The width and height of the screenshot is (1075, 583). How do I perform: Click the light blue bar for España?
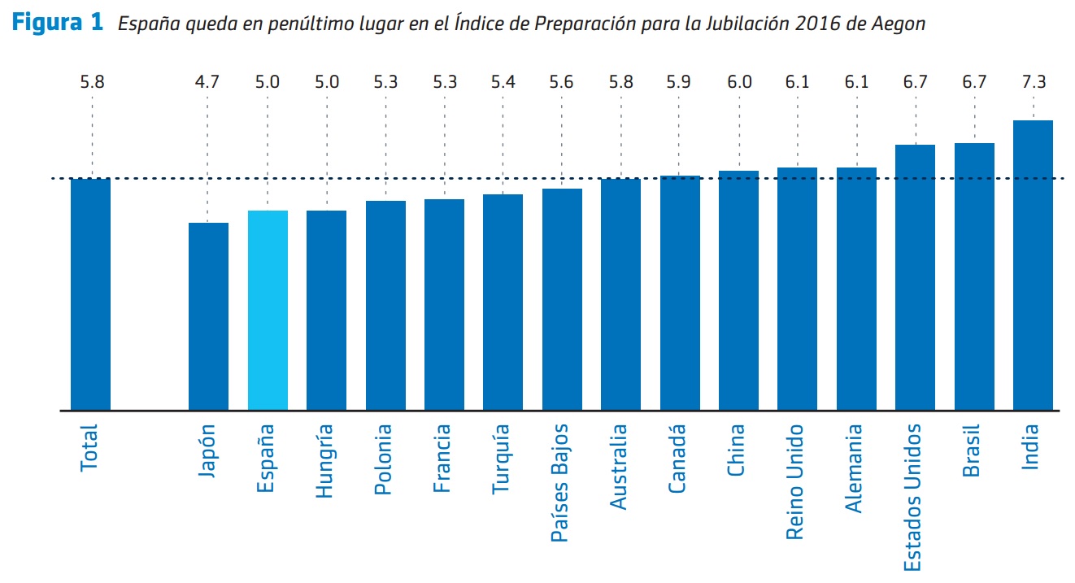point(268,310)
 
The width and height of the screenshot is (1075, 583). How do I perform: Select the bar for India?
point(1033,265)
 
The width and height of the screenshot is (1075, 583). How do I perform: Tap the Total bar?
point(91,294)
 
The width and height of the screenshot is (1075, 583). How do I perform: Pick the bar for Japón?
point(208,316)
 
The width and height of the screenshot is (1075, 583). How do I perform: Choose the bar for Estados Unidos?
point(915,277)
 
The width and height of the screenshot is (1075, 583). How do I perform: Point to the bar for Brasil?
point(974,276)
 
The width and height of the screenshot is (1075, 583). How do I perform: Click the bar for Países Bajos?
point(562,299)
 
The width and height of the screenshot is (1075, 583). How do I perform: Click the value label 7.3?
point(1033,82)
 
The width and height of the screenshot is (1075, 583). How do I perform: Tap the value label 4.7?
point(208,82)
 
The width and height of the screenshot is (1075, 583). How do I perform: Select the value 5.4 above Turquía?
point(503,82)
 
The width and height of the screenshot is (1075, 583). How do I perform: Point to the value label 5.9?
point(680,82)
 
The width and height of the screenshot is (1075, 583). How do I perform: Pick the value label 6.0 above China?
point(739,82)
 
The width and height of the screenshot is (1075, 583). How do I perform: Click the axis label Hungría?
point(325,460)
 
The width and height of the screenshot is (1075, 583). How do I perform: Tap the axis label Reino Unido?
point(796,481)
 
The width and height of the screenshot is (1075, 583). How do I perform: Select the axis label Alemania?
point(855,468)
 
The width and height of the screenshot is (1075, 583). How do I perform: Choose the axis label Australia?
point(620,467)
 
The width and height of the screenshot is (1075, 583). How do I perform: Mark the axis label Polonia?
point(384,459)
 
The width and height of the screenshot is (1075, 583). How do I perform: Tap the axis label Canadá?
point(678,459)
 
